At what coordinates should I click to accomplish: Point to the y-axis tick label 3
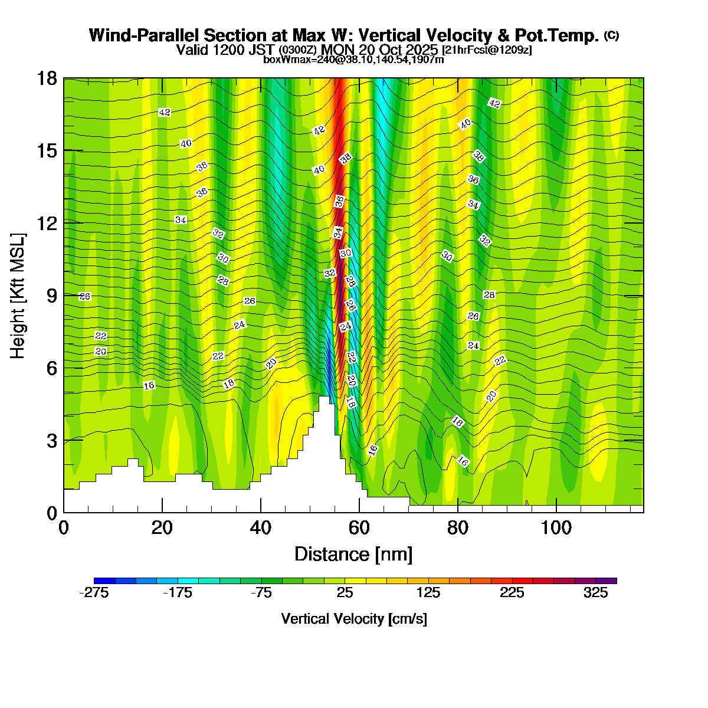click(53, 440)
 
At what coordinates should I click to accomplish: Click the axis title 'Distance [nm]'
click(353, 554)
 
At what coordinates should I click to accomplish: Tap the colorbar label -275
click(94, 594)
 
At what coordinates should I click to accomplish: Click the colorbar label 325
click(596, 594)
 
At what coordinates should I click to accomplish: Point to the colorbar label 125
click(428, 594)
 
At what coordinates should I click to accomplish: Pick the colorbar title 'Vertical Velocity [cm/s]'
click(354, 619)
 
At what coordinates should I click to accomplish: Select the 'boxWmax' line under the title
click(353, 59)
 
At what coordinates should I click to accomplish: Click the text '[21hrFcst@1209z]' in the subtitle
click(487, 50)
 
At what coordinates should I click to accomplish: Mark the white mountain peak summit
click(324, 399)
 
